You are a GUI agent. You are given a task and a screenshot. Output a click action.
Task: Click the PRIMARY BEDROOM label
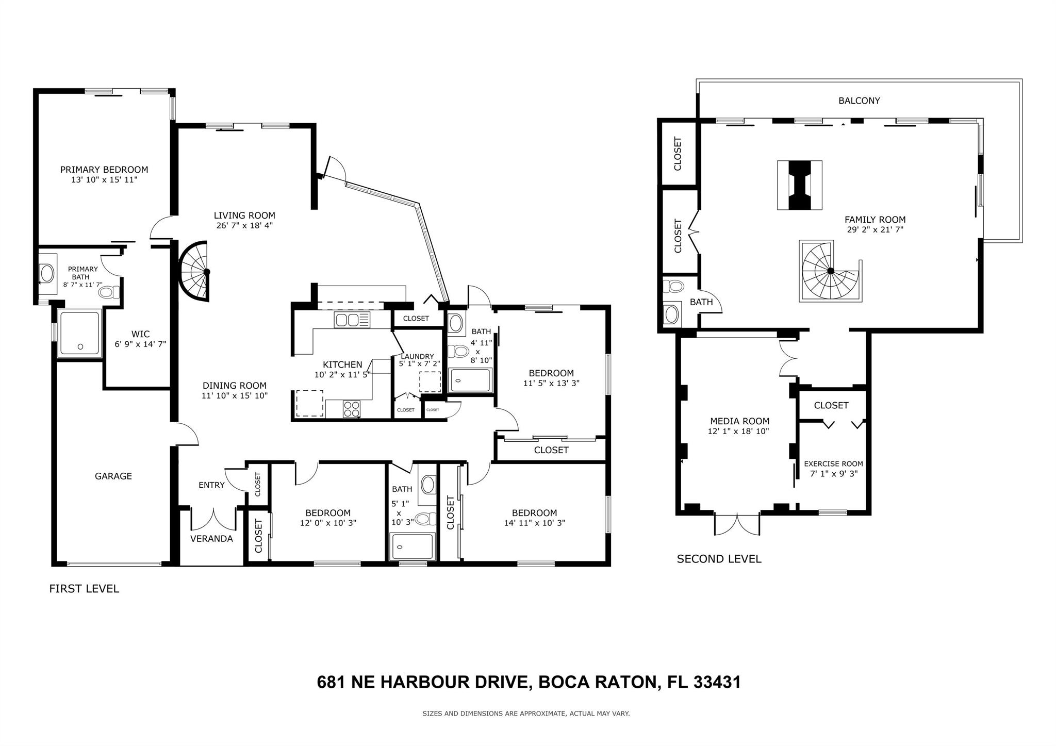pos(104,170)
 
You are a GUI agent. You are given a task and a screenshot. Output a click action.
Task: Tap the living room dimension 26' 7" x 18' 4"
pos(244,225)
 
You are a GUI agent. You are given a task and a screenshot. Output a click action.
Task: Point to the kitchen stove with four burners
pos(352,409)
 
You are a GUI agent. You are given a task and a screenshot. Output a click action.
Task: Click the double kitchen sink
pos(347,320)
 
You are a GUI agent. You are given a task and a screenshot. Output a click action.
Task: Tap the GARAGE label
pos(113,476)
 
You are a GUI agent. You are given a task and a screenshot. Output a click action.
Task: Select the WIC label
pos(140,334)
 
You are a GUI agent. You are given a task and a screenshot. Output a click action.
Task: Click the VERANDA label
pos(211,539)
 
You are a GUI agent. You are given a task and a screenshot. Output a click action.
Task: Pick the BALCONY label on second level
pos(859,101)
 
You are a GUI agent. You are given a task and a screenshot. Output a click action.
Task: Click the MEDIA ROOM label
pos(739,421)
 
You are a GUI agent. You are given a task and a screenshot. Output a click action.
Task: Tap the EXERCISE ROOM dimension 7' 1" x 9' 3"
pos(833,473)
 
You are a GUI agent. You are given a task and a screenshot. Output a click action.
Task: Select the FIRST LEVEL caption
pos(84,588)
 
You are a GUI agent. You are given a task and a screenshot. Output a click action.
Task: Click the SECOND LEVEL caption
pos(719,559)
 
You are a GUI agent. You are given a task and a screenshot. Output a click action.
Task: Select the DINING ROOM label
pos(234,386)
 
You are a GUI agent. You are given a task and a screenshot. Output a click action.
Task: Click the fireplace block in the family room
pos(799,185)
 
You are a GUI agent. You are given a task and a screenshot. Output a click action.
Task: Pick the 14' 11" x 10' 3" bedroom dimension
pos(534,523)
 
